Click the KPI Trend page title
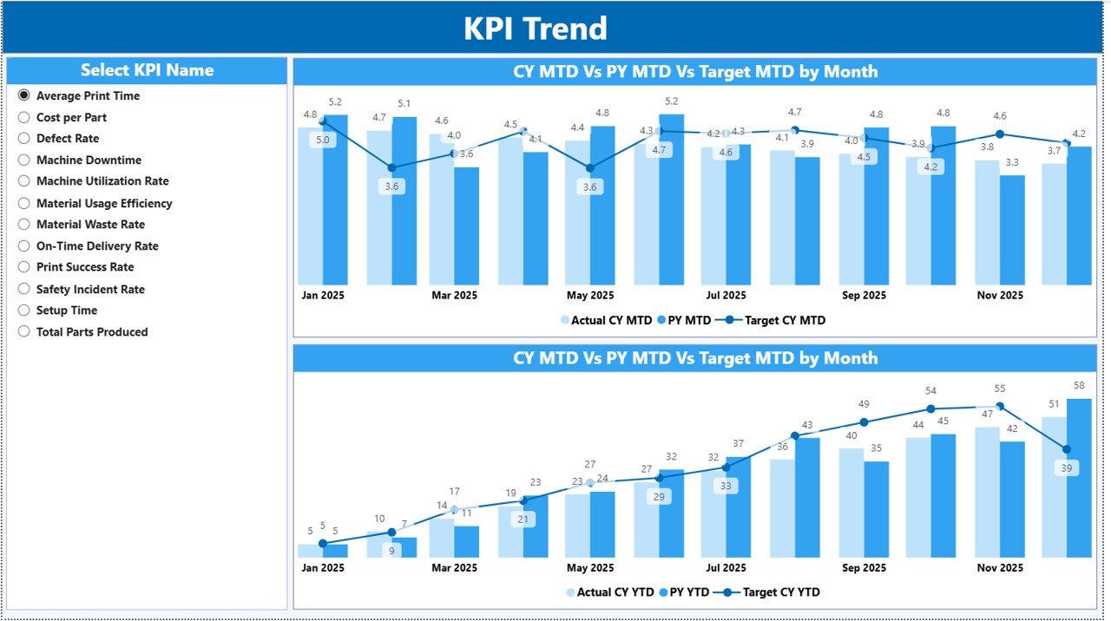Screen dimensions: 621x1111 tap(535, 29)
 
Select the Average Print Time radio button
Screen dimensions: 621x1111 tap(24, 95)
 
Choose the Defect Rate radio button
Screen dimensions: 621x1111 tap(24, 139)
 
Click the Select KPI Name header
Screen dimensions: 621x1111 tap(147, 70)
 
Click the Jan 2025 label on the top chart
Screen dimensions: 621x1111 tap(323, 295)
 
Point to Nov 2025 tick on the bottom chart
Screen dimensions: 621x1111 tap(999, 567)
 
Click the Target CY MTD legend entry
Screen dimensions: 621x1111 tap(784, 320)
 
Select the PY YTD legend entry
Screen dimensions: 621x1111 tap(685, 592)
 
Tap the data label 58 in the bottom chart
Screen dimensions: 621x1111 tap(1078, 385)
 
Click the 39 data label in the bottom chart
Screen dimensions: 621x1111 tap(1066, 467)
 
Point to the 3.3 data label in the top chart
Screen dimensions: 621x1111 tap(1012, 162)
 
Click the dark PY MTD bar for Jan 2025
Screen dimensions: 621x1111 tap(335, 199)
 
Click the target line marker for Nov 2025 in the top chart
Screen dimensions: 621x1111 tap(1000, 134)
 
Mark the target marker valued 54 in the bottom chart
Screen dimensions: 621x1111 tap(930, 409)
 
